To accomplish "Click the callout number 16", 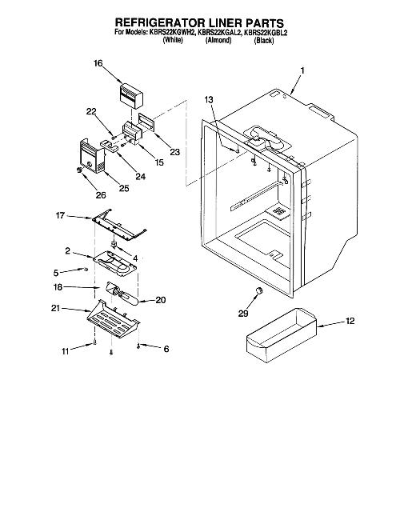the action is coord(98,63).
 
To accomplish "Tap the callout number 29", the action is coord(243,314).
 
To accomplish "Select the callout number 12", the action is coord(350,321).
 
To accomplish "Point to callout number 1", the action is coord(302,70).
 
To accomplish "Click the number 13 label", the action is coord(209,100).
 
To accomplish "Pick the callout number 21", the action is coord(55,308).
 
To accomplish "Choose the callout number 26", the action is coord(101,194).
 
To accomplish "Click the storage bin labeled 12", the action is coord(281,334).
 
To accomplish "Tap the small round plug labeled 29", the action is coord(258,290).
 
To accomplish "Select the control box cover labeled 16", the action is coord(131,96).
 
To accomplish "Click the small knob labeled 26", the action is coord(78,170).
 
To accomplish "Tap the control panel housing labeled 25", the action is coord(92,156).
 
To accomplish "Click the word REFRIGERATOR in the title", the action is coord(160,23).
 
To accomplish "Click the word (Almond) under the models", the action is coord(218,40).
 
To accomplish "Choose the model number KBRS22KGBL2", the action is coord(266,33).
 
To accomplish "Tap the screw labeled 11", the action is coord(94,342).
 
